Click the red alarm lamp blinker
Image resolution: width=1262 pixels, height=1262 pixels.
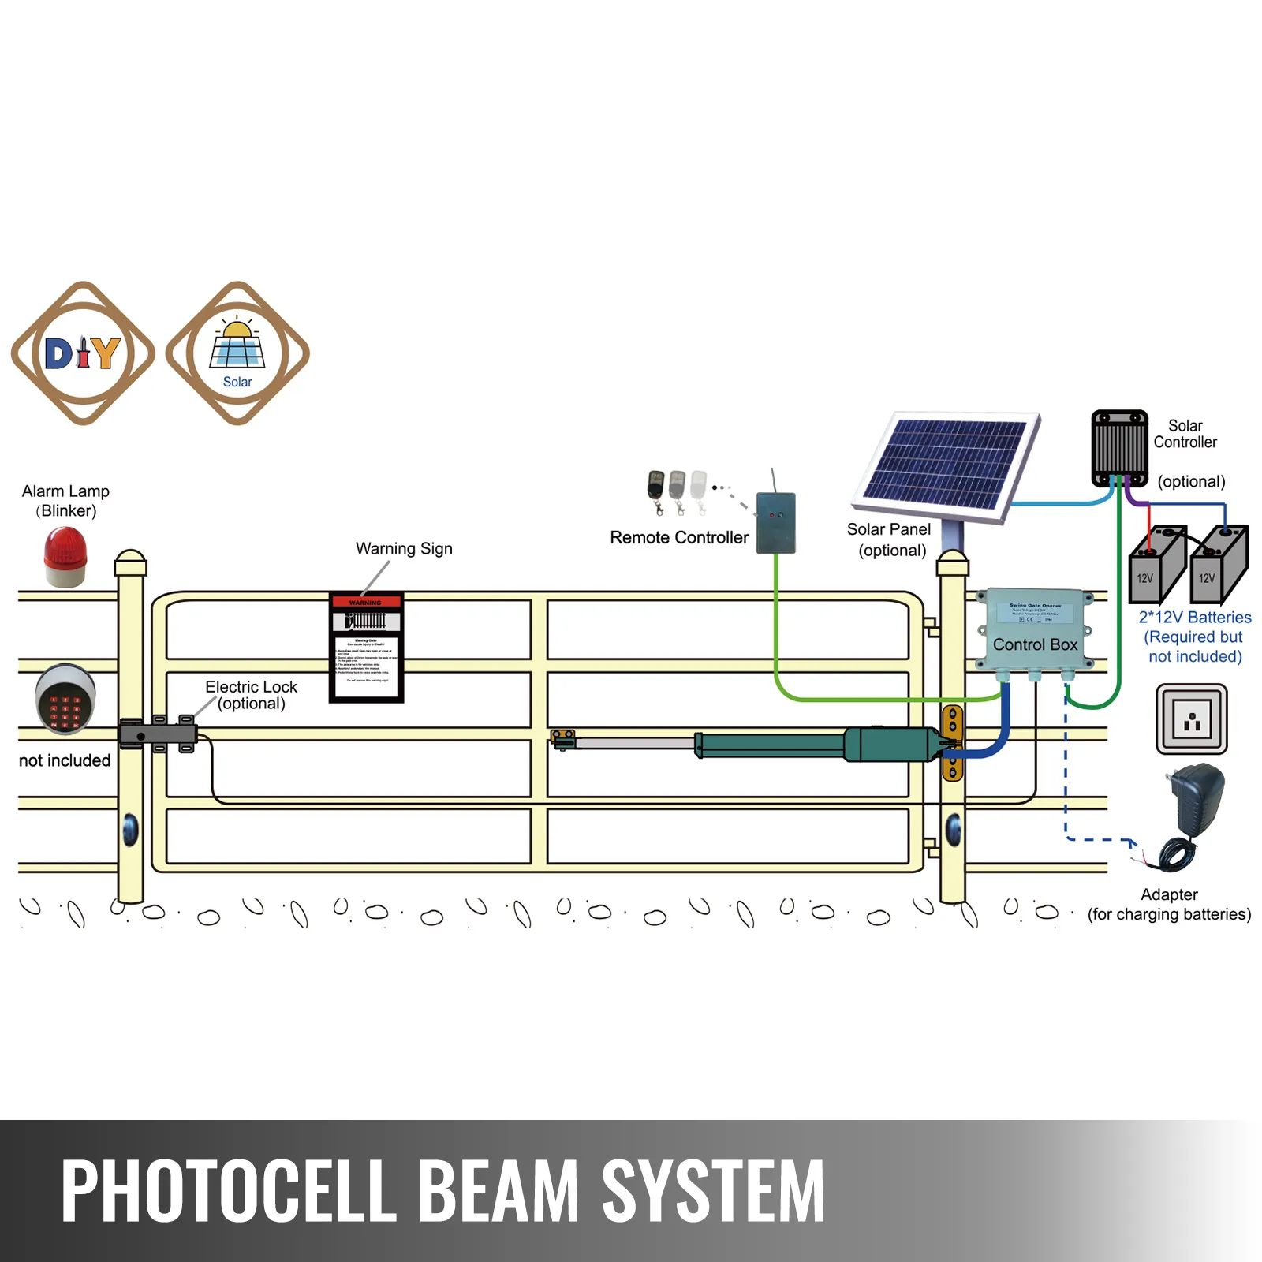(65, 557)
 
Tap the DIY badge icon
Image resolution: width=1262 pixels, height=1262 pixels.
(83, 353)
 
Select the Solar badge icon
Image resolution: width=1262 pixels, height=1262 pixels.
(237, 353)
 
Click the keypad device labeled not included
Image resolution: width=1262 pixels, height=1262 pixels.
(65, 699)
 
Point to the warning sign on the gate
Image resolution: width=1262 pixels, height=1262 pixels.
(366, 647)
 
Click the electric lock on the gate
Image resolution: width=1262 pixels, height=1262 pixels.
(159, 734)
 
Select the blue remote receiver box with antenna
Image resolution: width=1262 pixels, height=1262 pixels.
(775, 522)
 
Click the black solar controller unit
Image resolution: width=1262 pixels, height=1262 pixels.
(1119, 447)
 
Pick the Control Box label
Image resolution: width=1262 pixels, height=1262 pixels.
(1035, 644)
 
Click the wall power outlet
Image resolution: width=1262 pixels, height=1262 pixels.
(1191, 719)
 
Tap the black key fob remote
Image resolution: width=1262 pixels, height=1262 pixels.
(655, 487)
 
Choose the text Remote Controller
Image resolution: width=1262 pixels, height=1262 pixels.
(679, 538)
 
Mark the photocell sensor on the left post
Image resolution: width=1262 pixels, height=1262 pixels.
(130, 829)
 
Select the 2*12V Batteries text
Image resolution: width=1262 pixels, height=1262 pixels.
(1194, 618)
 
